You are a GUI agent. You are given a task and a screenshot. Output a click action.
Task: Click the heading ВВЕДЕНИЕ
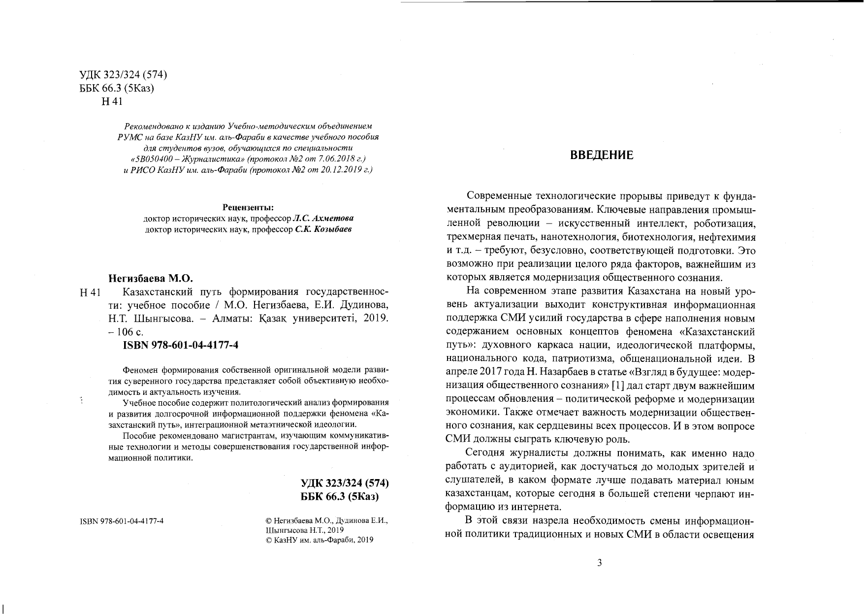[602, 156]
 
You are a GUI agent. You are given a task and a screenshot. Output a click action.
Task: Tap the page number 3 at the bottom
[599, 563]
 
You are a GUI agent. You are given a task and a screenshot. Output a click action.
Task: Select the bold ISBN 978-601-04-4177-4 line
[180, 345]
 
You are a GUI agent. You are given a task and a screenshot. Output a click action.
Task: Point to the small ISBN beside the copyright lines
[122, 521]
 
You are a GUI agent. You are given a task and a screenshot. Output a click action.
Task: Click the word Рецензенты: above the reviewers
[248, 207]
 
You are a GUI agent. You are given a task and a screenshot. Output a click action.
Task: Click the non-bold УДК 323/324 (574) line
[124, 75]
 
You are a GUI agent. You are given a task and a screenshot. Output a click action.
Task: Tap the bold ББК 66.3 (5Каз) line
[340, 496]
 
